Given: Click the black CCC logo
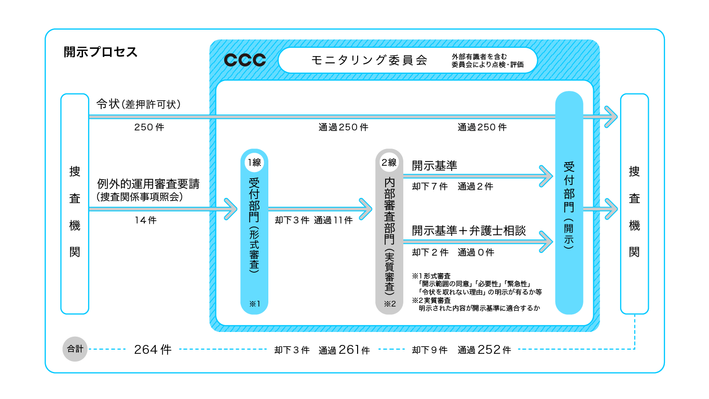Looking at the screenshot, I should click(x=244, y=60).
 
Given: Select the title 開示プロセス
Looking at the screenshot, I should click(x=101, y=52).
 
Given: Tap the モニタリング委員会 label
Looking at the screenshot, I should click(x=369, y=60).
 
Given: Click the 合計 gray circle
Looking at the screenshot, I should click(x=75, y=349).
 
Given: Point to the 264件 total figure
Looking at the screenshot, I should click(x=152, y=350).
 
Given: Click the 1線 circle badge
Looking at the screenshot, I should click(x=254, y=162).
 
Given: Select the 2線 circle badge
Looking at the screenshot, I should click(x=389, y=162).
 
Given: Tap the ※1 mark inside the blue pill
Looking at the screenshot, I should click(x=254, y=303).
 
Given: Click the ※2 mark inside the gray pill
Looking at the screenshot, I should click(x=389, y=303).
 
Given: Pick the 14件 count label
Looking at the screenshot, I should click(x=145, y=220).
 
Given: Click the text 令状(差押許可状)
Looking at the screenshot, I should click(x=138, y=104).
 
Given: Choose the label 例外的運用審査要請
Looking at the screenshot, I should click(x=148, y=184).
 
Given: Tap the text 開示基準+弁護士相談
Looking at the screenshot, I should click(x=469, y=231).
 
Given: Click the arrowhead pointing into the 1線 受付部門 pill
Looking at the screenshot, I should click(x=230, y=209).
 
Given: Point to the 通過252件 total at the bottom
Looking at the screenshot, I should click(x=484, y=350).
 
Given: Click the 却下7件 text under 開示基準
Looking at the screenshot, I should click(x=429, y=187).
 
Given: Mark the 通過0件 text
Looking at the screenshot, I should click(x=476, y=252).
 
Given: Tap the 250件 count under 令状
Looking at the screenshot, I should click(x=149, y=127).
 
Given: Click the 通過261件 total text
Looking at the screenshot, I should click(x=344, y=350).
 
